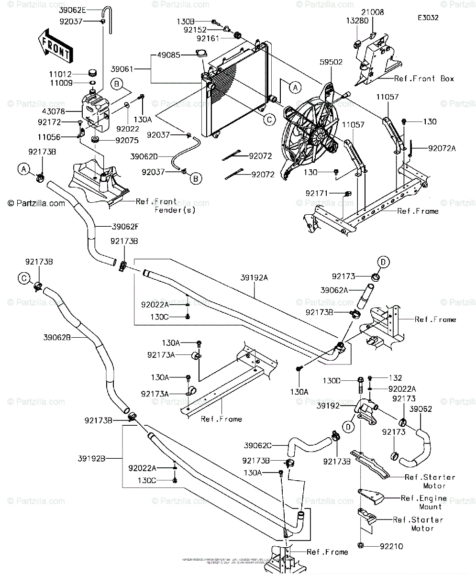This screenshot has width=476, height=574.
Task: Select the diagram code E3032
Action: pos(428,18)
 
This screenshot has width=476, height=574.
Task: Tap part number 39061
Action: pos(123,70)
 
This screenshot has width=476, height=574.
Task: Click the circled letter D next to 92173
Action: pos(383,261)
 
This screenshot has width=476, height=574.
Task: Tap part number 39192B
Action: pos(92,458)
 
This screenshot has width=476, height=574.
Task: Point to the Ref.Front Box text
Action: pos(424,79)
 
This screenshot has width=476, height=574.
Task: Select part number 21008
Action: pos(375,12)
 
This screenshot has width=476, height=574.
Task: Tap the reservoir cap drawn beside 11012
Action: pos(93,73)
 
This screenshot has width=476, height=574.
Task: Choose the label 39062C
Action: pos(257,445)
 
